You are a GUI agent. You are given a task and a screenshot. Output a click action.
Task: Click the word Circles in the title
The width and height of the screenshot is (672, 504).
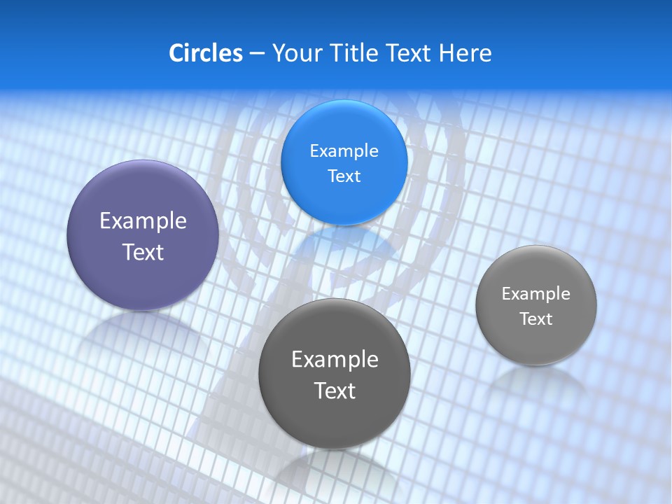205,53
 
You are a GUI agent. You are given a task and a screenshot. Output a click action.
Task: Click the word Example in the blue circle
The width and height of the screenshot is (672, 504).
344,150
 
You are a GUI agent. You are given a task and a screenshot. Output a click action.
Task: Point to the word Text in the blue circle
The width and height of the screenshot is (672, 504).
344,176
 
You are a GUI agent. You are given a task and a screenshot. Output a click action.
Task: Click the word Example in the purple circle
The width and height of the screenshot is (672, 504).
143,220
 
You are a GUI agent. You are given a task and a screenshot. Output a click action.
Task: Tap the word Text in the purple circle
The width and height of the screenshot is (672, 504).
143,252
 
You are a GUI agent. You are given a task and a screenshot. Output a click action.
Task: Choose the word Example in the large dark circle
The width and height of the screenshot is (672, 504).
335,359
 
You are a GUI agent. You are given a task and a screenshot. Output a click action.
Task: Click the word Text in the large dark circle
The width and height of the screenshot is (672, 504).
335,391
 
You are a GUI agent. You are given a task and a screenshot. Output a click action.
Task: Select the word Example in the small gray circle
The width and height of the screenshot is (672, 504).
536,293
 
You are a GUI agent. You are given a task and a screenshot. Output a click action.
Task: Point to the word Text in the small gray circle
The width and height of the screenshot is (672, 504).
536,318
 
